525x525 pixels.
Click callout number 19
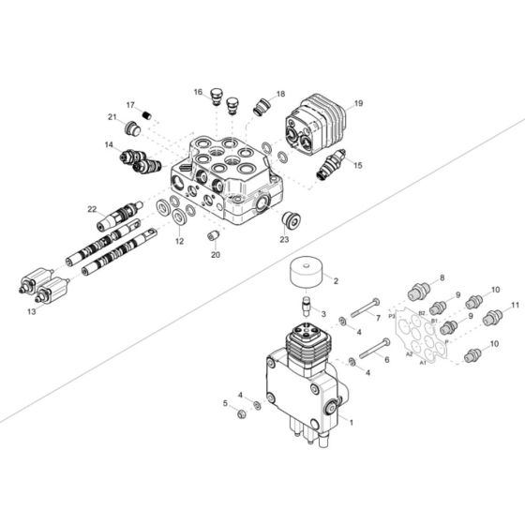[x=358, y=103]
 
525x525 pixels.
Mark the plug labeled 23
[x=289, y=221]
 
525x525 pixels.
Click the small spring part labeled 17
[x=146, y=115]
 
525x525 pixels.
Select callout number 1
[x=352, y=421]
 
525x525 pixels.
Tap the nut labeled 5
[x=241, y=411]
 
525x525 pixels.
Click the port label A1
[x=424, y=361]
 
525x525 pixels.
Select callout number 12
[x=179, y=241]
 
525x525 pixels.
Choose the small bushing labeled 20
[x=213, y=234]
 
